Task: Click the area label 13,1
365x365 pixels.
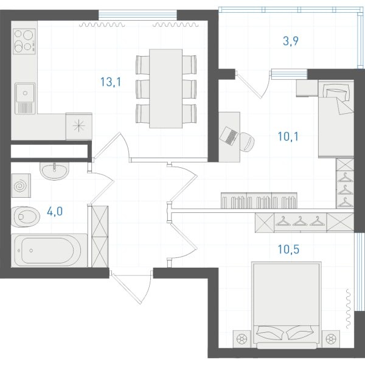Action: tap(111, 82)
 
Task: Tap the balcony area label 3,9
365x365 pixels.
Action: tap(291, 41)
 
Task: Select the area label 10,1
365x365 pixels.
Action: tap(288, 137)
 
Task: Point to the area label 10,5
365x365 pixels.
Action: tap(288, 249)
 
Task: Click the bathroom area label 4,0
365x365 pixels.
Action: tap(55, 212)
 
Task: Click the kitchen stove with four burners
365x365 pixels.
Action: tap(24, 41)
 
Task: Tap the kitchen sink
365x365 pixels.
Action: tap(25, 99)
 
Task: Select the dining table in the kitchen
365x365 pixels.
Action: tap(165, 88)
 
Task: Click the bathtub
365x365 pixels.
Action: tap(49, 251)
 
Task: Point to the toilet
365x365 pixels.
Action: tap(25, 217)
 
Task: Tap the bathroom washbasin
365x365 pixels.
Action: tap(55, 171)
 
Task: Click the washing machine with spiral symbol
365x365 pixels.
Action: tap(21, 186)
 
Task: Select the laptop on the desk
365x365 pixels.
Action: tap(229, 136)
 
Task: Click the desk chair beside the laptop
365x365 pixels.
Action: tap(247, 142)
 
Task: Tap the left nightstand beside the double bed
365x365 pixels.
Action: tap(242, 339)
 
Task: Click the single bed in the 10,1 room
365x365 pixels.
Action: tap(336, 119)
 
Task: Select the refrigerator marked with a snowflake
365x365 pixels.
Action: tap(79, 127)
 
